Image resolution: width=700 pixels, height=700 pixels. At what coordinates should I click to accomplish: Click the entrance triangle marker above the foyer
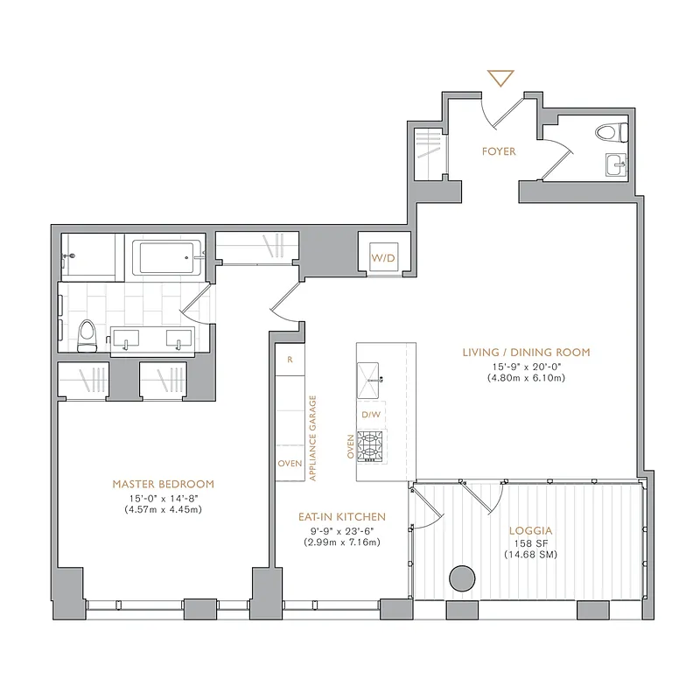click(500, 79)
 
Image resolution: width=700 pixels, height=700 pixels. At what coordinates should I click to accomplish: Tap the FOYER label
click(499, 151)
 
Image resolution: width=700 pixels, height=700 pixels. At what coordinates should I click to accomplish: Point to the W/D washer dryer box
click(382, 258)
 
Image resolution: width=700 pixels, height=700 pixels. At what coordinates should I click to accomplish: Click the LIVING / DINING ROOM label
click(527, 353)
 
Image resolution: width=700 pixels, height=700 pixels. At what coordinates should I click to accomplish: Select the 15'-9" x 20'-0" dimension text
click(527, 366)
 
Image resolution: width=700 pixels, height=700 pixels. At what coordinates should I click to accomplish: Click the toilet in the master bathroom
click(87, 334)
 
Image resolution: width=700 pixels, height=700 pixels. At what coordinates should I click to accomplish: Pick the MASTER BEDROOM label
click(163, 484)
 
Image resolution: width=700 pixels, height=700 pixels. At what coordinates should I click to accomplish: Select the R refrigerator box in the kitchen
click(290, 360)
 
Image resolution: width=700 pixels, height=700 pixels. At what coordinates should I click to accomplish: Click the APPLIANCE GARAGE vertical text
click(312, 437)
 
